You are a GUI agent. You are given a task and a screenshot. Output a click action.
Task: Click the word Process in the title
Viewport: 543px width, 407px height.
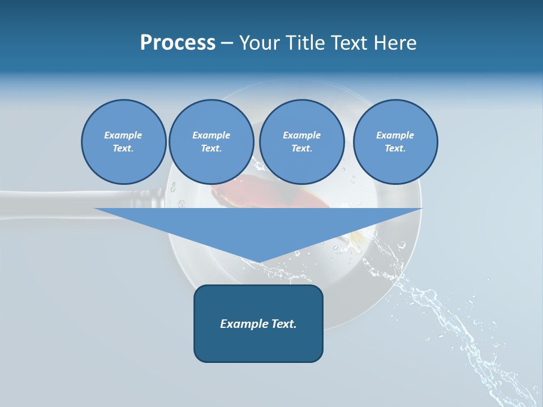pyautogui.click(x=178, y=42)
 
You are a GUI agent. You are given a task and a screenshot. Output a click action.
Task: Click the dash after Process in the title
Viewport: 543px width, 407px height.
pyautogui.click(x=227, y=44)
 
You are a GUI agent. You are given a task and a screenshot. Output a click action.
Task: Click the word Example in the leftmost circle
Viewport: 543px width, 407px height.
pyautogui.click(x=123, y=135)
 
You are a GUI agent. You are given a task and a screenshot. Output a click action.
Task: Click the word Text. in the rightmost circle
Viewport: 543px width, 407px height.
pyautogui.click(x=395, y=149)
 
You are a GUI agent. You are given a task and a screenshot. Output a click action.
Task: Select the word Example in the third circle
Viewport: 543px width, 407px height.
pyautogui.click(x=301, y=135)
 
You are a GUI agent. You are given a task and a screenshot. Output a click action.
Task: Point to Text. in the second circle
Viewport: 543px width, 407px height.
pyautogui.click(x=211, y=149)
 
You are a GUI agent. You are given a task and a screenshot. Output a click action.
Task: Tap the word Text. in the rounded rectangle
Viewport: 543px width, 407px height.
pyautogui.click(x=285, y=324)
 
